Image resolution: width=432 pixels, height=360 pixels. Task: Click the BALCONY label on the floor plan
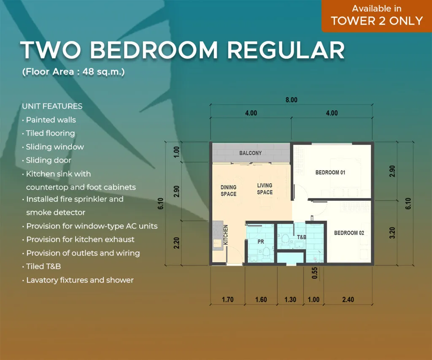click(x=251, y=153)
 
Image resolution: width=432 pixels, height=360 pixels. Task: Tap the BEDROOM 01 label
click(x=330, y=173)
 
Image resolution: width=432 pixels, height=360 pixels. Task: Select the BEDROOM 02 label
click(x=349, y=233)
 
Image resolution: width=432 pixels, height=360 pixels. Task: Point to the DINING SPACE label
click(x=229, y=191)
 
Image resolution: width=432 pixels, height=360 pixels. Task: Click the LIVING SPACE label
click(x=265, y=189)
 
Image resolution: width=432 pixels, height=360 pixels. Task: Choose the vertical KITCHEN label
click(x=226, y=235)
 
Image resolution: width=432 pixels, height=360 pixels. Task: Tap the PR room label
click(x=261, y=242)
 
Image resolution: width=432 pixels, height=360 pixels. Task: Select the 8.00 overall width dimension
click(x=291, y=100)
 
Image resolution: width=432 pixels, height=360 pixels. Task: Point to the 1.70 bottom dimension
click(x=227, y=300)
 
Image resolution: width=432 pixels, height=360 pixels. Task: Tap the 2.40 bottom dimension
click(x=348, y=300)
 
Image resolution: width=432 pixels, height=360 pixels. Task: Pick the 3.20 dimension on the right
click(x=392, y=233)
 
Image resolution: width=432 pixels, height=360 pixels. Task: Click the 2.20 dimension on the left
click(x=177, y=243)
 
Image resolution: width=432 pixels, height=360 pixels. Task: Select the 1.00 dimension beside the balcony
click(x=177, y=151)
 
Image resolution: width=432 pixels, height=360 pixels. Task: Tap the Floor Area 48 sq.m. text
click(x=73, y=72)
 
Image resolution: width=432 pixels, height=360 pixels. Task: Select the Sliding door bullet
click(x=49, y=160)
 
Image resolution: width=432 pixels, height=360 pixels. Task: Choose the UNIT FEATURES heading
click(x=52, y=106)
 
